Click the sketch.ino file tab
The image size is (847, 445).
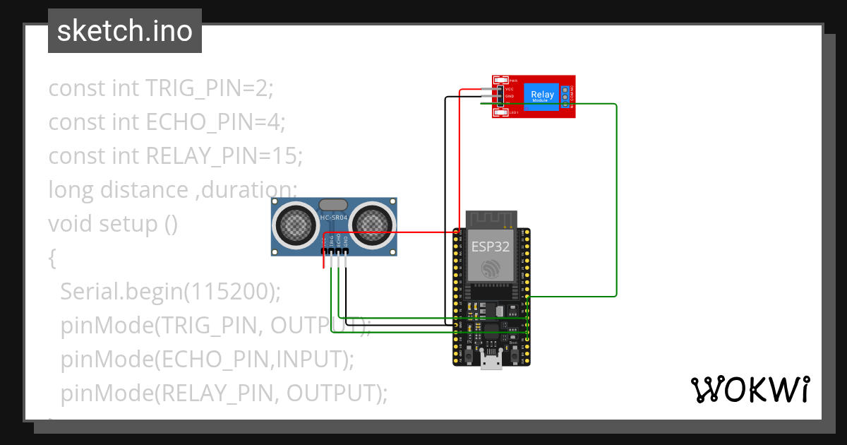pyautogui.click(x=124, y=31)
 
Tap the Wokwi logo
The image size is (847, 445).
pyautogui.click(x=749, y=389)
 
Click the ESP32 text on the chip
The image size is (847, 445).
pyautogui.click(x=490, y=246)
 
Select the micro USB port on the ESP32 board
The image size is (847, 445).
pyautogui.click(x=491, y=361)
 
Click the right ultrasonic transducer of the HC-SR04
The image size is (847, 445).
pyautogui.click(x=373, y=225)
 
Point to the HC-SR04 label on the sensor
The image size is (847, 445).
pyautogui.click(x=334, y=218)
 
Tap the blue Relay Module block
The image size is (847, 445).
pyautogui.click(x=541, y=95)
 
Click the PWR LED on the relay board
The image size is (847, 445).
pyautogui.click(x=502, y=81)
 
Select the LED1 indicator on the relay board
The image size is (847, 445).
pyautogui.click(x=502, y=112)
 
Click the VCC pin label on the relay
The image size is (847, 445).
pyautogui.click(x=510, y=89)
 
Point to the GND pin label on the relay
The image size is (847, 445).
pyautogui.click(x=510, y=96)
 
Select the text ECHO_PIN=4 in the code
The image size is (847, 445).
pyautogui.click(x=215, y=122)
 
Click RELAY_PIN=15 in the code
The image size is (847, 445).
pyautogui.click(x=224, y=156)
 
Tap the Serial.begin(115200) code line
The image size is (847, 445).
pyautogui.click(x=171, y=291)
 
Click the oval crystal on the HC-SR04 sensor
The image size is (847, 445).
pyautogui.click(x=333, y=205)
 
